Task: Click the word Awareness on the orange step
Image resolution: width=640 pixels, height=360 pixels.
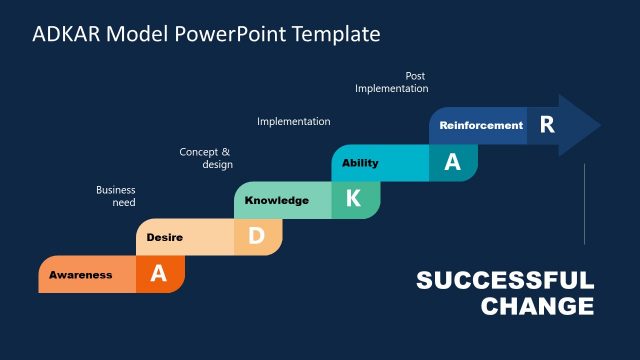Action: pyautogui.click(x=81, y=275)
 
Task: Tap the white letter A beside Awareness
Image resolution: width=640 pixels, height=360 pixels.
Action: pyautogui.click(x=158, y=274)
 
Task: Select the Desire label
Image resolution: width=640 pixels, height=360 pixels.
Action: pyautogui.click(x=164, y=238)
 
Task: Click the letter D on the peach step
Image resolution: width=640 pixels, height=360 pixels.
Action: pyautogui.click(x=256, y=237)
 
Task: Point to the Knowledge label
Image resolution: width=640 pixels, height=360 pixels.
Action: pyautogui.click(x=277, y=200)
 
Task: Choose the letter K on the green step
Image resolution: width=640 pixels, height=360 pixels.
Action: pyautogui.click(x=353, y=199)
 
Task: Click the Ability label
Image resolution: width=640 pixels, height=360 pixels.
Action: pyautogui.click(x=360, y=163)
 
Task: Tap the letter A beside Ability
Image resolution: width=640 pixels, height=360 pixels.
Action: pyautogui.click(x=452, y=163)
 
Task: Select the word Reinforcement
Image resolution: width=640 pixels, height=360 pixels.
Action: pyautogui.click(x=481, y=126)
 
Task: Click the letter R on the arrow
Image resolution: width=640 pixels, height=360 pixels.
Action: pyautogui.click(x=546, y=125)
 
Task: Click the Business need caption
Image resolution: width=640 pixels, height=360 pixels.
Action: pyautogui.click(x=116, y=196)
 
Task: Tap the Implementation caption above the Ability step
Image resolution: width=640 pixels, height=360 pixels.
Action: pyautogui.click(x=294, y=121)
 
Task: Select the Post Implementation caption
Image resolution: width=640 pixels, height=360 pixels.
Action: pyautogui.click(x=392, y=82)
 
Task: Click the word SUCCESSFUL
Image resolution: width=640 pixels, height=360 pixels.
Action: pyautogui.click(x=505, y=281)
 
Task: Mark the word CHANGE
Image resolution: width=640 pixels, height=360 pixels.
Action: pyautogui.click(x=537, y=306)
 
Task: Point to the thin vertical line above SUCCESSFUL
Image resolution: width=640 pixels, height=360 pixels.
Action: pyautogui.click(x=584, y=205)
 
